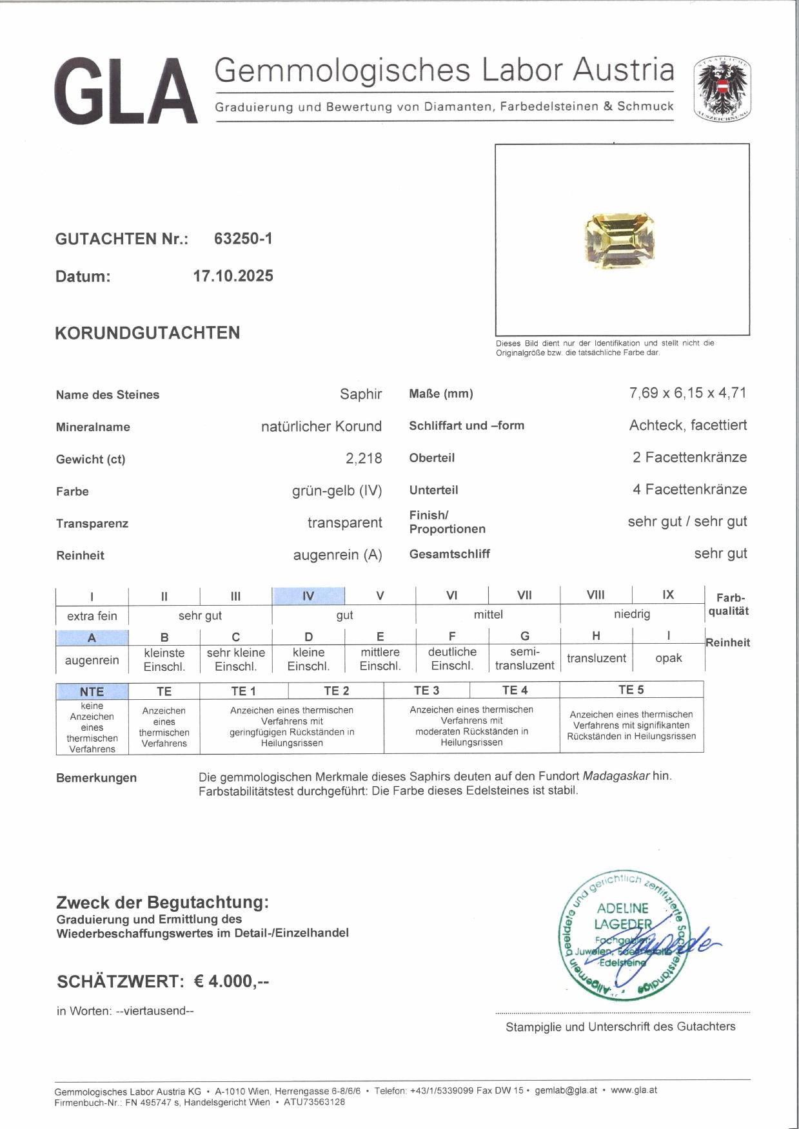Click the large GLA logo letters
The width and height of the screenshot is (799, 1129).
[125, 91]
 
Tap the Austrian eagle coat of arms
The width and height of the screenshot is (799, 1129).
[722, 90]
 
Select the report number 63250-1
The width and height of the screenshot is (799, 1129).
[243, 238]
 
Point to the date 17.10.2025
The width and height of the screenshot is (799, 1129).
[233, 276]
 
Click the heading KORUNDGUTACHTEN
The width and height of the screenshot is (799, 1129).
[148, 333]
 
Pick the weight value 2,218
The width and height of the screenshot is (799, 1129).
[364, 458]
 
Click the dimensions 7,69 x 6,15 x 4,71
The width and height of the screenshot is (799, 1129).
[687, 392]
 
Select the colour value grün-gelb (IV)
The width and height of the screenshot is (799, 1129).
[337, 491]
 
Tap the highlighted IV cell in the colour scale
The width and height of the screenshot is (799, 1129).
[308, 596]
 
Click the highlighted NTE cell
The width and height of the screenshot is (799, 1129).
[92, 691]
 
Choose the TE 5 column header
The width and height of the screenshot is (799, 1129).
[631, 690]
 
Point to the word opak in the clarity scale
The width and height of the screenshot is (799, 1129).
[668, 658]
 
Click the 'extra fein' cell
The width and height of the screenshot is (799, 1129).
[92, 615]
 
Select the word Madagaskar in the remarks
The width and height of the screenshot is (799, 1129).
[616, 776]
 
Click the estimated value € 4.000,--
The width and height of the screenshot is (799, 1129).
[232, 981]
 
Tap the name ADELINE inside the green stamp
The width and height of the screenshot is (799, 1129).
[622, 908]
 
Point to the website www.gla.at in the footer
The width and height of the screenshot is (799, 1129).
[634, 1090]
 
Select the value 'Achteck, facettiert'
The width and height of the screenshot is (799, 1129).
[687, 425]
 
